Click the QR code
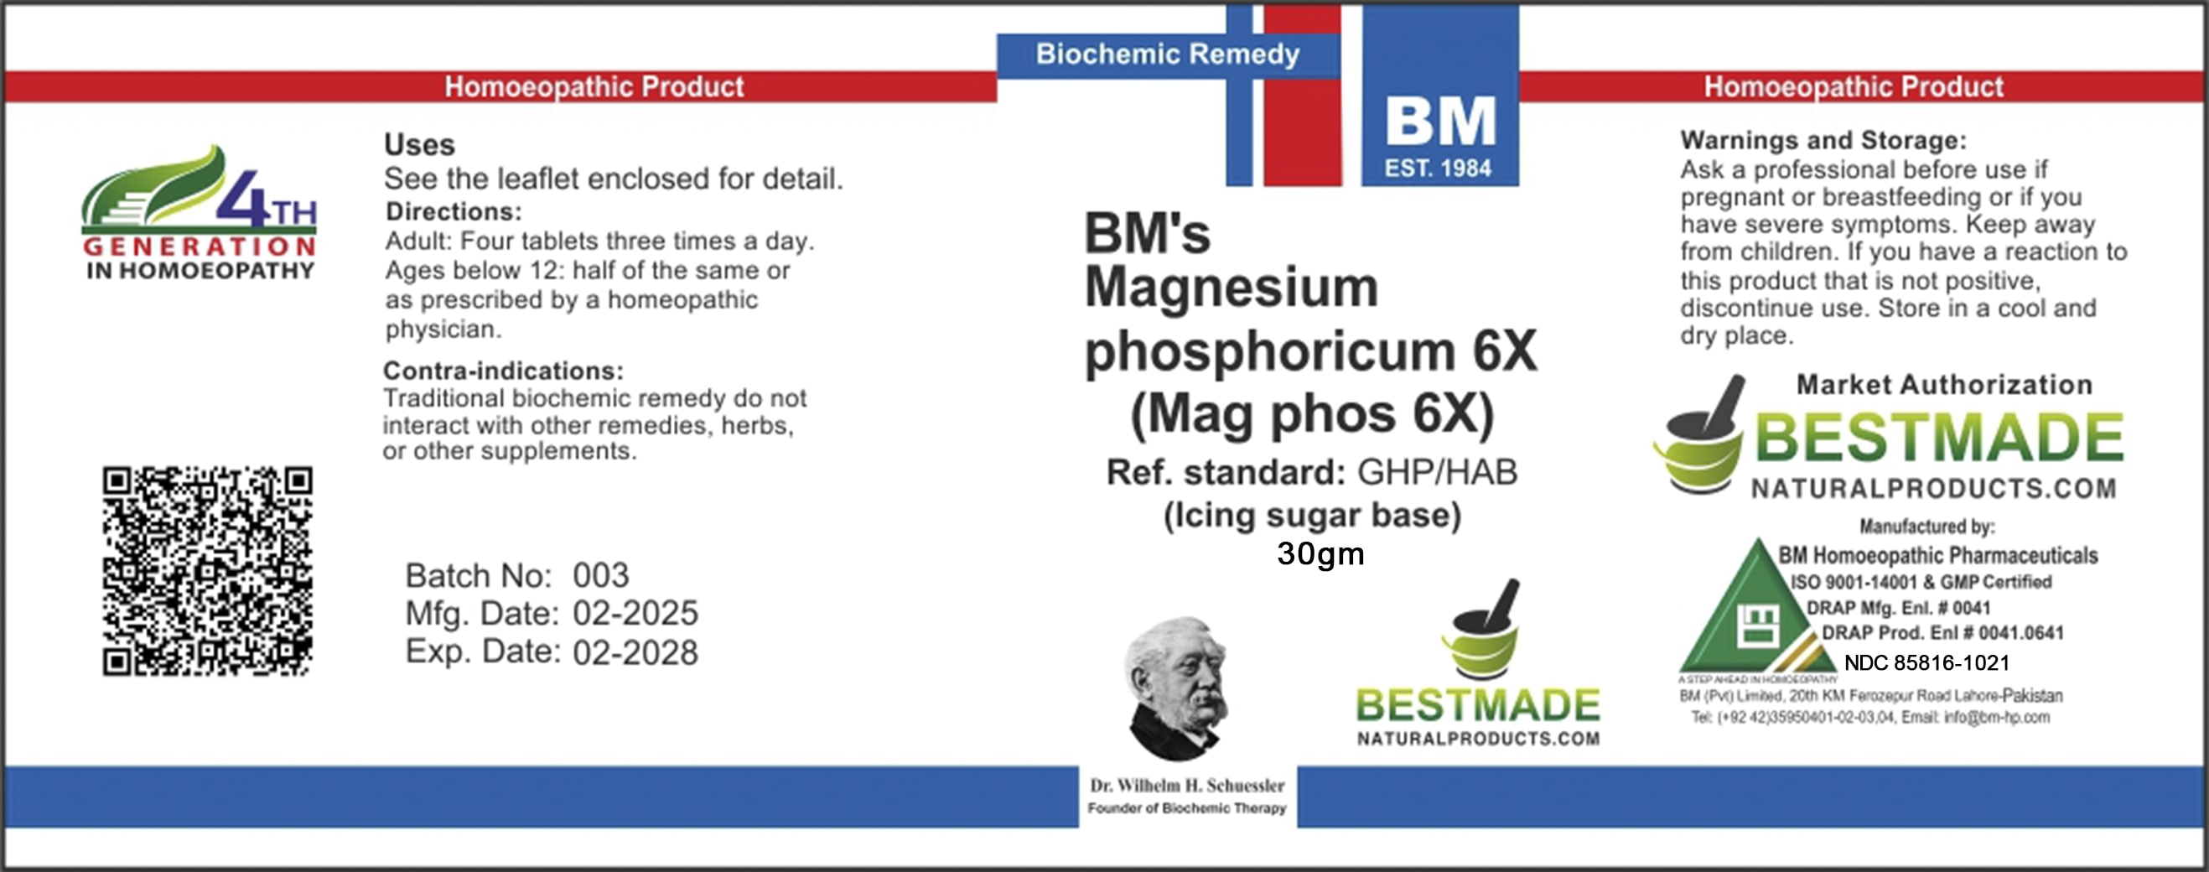[208, 571]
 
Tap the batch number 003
[600, 575]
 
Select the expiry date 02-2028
[635, 652]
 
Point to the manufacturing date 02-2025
[635, 613]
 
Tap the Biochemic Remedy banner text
[1167, 54]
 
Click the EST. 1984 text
[1438, 168]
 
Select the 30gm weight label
[1320, 554]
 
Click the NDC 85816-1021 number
[1926, 662]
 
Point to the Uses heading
[419, 144]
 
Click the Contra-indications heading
[503, 371]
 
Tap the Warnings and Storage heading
[1823, 140]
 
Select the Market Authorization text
[1944, 384]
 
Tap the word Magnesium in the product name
[1232, 288]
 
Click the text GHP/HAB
[1437, 471]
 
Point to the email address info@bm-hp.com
[1996, 717]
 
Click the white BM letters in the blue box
[1440, 122]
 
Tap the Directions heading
[453, 212]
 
